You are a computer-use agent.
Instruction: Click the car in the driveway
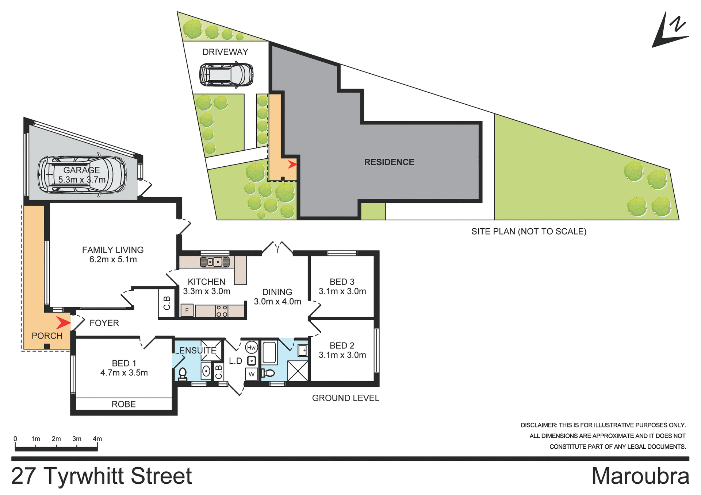pyautogui.click(x=226, y=75)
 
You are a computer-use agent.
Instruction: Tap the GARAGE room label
pyautogui.click(x=81, y=170)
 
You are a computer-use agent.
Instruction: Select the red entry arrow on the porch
pyautogui.click(x=63, y=323)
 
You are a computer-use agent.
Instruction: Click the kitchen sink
pyautogui.click(x=214, y=262)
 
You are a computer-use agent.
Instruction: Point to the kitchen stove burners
pyautogui.click(x=222, y=311)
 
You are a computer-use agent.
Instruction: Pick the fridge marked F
pyautogui.click(x=187, y=310)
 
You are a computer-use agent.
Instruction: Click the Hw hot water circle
pyautogui.click(x=251, y=348)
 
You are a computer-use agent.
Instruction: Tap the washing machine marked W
pyautogui.click(x=252, y=374)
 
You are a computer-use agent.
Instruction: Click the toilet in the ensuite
pyautogui.click(x=182, y=374)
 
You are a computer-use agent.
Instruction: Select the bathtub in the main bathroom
pyautogui.click(x=269, y=352)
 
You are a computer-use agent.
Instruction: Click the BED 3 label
pyautogui.click(x=342, y=282)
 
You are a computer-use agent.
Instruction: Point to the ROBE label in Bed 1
pyautogui.click(x=123, y=404)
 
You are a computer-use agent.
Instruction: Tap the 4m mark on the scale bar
pyautogui.click(x=97, y=439)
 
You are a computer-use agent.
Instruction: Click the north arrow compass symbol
pyautogui.click(x=670, y=31)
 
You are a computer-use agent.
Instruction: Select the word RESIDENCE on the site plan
pyautogui.click(x=389, y=162)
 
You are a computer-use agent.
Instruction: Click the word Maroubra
pyautogui.click(x=640, y=476)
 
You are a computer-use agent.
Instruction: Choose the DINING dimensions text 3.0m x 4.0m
pyautogui.click(x=277, y=302)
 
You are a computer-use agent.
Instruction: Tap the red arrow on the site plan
pyautogui.click(x=292, y=165)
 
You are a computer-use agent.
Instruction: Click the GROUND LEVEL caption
pyautogui.click(x=345, y=398)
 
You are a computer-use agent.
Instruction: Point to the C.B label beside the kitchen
pyautogui.click(x=167, y=303)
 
